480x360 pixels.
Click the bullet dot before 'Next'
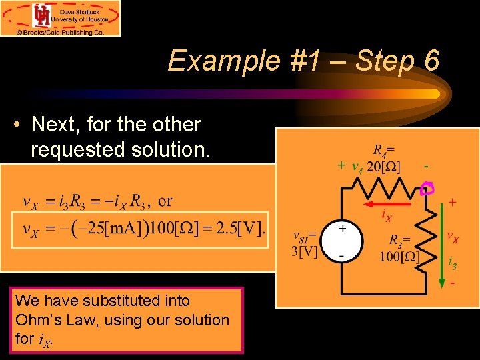coord(19,125)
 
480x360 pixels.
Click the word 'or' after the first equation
coord(165,201)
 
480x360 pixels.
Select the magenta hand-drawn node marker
coord(427,189)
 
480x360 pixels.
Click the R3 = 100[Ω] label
coord(399,248)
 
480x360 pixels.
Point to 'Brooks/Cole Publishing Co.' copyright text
coord(60,31)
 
